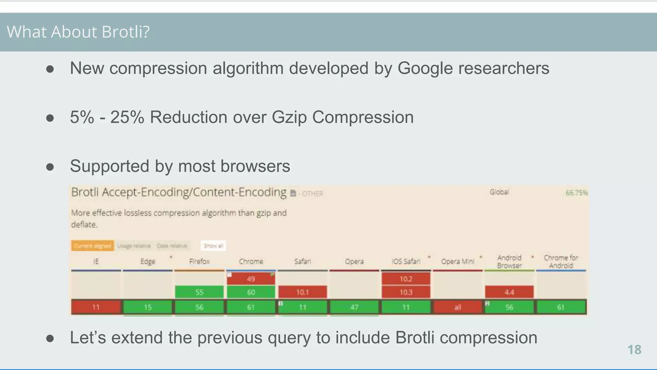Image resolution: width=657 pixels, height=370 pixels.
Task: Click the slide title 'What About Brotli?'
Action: tap(78, 32)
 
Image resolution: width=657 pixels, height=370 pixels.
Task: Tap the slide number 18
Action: tap(634, 350)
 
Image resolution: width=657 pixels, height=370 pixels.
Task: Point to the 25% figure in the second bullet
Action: tap(127, 117)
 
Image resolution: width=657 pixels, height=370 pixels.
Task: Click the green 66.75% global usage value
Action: tap(576, 193)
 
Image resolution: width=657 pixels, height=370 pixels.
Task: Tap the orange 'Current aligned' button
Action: tap(92, 246)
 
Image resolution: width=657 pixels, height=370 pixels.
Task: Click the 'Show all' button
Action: tap(213, 246)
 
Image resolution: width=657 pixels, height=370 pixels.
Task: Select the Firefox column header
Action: tap(199, 262)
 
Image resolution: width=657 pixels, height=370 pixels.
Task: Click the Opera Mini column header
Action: tap(457, 262)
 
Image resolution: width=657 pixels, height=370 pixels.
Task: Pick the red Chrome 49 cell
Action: tap(251, 279)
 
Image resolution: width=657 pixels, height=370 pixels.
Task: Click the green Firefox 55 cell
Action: tap(199, 292)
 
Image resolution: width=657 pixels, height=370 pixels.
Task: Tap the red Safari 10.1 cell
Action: tap(303, 292)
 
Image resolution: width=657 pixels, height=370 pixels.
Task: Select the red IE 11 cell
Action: tap(96, 307)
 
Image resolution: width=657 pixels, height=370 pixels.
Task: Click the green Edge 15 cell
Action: tap(148, 307)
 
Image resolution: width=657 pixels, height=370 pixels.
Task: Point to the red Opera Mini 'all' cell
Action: tap(457, 307)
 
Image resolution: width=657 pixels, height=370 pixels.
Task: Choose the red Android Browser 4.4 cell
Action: tap(509, 292)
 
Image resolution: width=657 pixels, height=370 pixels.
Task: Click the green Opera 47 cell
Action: tap(354, 307)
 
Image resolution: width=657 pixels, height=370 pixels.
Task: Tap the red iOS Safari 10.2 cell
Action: tap(406, 279)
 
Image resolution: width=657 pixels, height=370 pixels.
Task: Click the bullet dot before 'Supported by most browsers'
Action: tap(50, 167)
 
